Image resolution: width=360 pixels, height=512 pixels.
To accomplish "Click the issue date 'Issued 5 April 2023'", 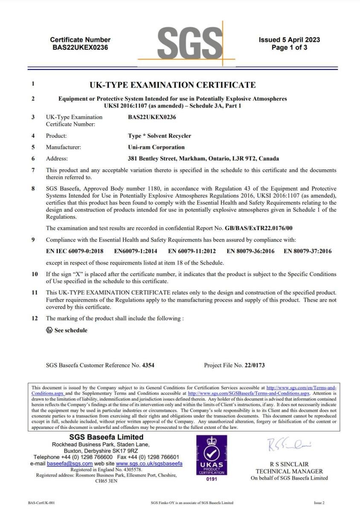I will click(289, 40).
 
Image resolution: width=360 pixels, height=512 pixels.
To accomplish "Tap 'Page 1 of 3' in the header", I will click(289, 48).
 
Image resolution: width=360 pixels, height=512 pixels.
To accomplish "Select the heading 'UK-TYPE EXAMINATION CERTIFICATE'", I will click(173, 85).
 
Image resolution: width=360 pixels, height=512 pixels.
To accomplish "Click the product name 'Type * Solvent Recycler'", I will click(160, 136).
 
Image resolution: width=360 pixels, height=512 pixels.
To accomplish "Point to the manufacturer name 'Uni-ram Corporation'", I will click(156, 147).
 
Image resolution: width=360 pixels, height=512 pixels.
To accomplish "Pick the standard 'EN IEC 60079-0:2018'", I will click(75, 251).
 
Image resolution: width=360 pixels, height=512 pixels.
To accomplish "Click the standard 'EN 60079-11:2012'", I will click(192, 251).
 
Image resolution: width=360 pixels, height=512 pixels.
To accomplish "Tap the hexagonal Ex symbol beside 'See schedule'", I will click(49, 330).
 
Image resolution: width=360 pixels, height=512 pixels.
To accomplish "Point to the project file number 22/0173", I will click(255, 366).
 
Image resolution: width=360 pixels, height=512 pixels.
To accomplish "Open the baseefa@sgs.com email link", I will click(70, 463).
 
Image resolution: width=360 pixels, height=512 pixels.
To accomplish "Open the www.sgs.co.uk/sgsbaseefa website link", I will click(149, 463).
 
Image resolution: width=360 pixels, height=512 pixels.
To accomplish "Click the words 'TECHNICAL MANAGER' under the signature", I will click(289, 471).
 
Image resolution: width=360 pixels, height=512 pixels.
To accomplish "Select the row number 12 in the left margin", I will click(35, 319).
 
